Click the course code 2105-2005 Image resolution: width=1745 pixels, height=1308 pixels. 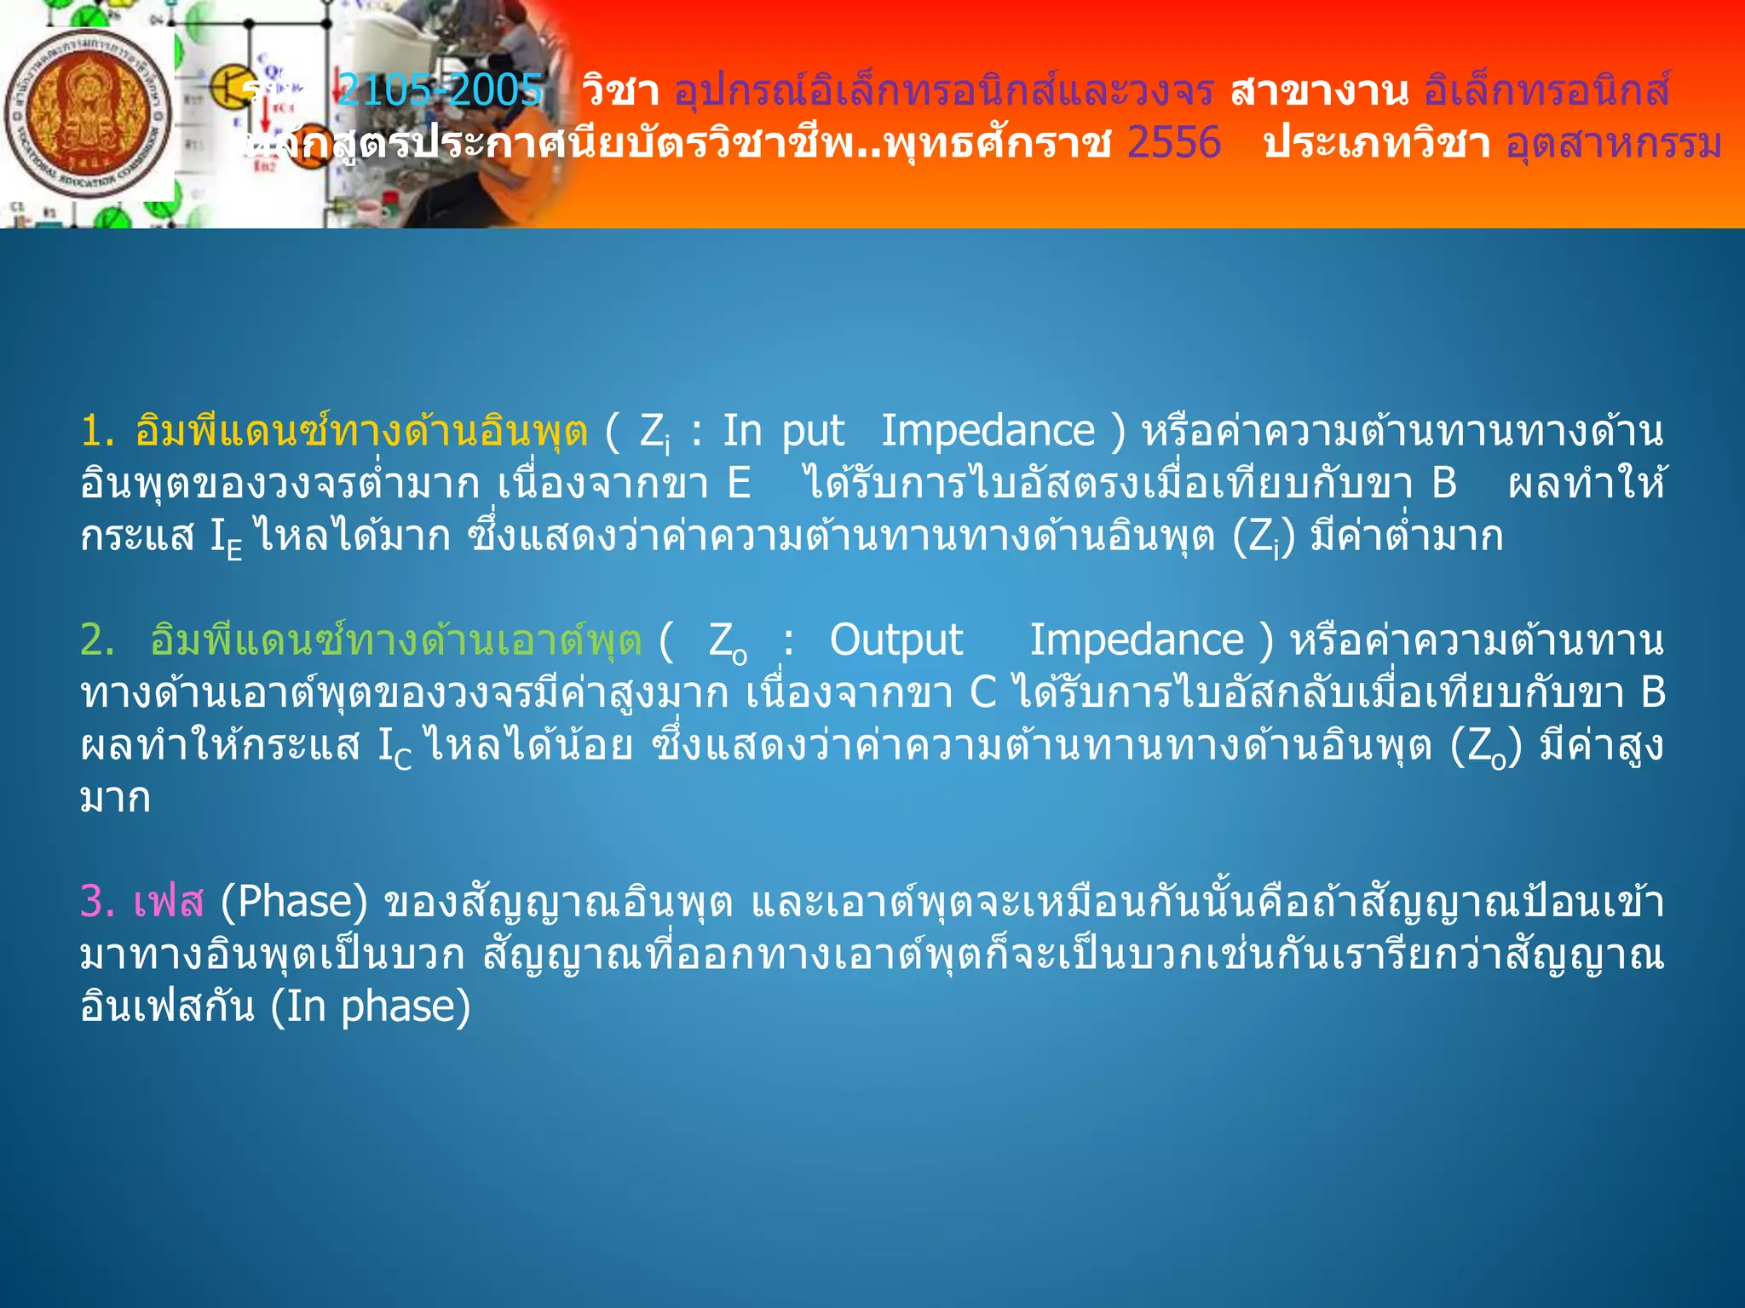pos(440,89)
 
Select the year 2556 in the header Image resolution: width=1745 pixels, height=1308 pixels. pos(1173,142)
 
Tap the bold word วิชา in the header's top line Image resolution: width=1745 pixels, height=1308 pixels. pos(620,90)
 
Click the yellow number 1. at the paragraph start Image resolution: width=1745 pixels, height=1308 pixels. pos(97,431)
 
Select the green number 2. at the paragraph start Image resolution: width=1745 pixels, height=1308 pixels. pos(97,640)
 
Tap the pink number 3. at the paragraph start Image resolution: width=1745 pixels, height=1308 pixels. pos(97,901)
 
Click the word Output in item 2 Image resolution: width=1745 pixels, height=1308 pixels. pos(896,640)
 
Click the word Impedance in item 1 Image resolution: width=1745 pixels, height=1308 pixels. pos(988,431)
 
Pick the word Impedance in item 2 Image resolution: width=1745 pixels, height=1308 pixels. pos(1137,640)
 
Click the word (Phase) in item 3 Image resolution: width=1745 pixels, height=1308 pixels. pos(294,901)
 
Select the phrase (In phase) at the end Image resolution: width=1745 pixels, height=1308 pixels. pos(371,1007)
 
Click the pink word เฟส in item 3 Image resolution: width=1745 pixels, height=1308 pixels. pos(169,901)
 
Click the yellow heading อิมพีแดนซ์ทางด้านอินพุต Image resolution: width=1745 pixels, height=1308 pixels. pos(361,431)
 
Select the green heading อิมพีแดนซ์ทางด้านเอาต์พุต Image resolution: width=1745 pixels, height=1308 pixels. pos(395,640)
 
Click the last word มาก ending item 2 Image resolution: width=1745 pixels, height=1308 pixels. pos(115,799)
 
